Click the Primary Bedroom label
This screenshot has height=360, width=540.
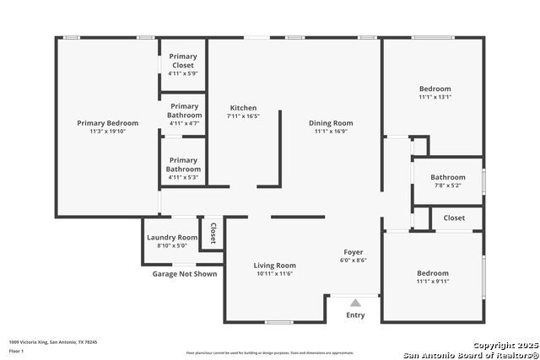click(x=107, y=123)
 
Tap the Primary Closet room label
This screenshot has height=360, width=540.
click(x=182, y=61)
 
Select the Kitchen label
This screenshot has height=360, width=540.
click(x=243, y=108)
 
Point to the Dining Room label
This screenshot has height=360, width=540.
click(x=331, y=123)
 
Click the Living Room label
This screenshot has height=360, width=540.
click(x=274, y=266)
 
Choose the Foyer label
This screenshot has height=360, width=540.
click(x=353, y=252)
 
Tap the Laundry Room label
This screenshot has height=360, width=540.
click(x=172, y=238)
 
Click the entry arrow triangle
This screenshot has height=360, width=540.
click(x=355, y=303)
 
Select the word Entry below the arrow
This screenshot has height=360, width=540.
click(x=355, y=315)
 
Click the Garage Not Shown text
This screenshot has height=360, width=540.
click(x=184, y=274)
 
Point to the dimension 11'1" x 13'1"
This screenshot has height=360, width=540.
click(x=435, y=97)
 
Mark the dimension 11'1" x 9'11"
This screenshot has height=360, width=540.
click(x=432, y=282)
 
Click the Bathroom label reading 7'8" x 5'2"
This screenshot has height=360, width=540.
click(x=447, y=178)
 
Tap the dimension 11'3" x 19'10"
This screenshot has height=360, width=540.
click(x=107, y=132)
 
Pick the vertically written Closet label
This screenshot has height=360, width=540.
click(x=213, y=234)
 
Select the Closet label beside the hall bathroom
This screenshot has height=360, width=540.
click(x=454, y=218)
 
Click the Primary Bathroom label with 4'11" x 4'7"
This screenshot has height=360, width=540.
click(x=183, y=110)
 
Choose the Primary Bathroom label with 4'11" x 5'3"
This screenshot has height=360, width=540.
click(x=183, y=164)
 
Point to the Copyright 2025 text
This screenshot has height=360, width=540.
click(x=504, y=346)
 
